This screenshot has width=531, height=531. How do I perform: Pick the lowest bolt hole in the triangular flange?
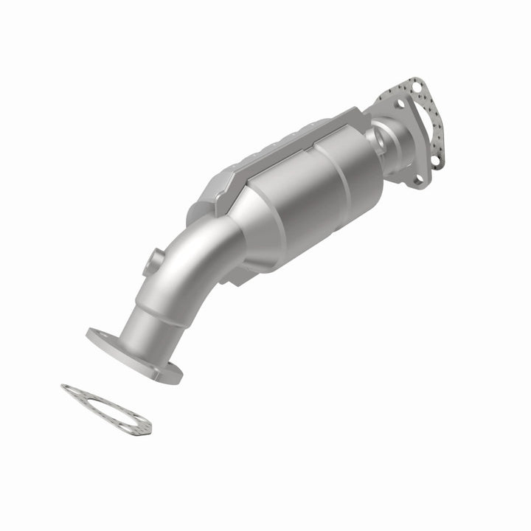coord(418,178)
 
